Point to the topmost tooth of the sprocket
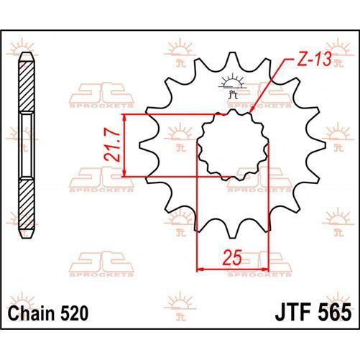(231, 58)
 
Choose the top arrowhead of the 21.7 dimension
(126, 117)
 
